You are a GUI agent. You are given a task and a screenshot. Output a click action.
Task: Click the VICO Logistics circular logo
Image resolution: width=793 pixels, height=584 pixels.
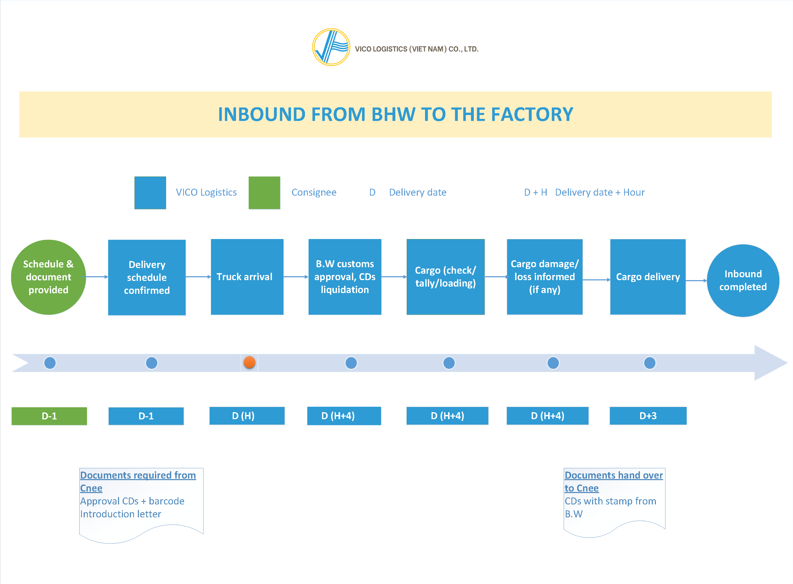pyautogui.click(x=331, y=47)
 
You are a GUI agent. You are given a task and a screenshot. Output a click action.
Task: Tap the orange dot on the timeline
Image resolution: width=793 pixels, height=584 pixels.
pyautogui.click(x=249, y=362)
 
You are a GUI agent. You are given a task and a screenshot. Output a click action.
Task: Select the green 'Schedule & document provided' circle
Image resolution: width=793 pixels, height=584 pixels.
pyautogui.click(x=48, y=277)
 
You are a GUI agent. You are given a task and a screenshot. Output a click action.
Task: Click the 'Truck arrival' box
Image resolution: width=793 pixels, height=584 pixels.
pyautogui.click(x=247, y=277)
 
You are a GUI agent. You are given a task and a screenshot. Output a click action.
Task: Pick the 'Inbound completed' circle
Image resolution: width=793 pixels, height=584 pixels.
pyautogui.click(x=743, y=280)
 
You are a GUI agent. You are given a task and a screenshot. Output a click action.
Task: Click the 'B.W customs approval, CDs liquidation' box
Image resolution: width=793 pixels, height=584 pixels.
pyautogui.click(x=345, y=277)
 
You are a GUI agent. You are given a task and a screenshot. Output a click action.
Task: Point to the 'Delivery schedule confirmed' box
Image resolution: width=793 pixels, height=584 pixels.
pyautogui.click(x=147, y=278)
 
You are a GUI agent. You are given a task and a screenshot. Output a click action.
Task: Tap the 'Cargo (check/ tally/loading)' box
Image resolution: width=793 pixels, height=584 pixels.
pyautogui.click(x=445, y=277)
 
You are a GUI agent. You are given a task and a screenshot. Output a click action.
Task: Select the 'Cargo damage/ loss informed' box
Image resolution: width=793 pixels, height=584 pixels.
pyautogui.click(x=544, y=277)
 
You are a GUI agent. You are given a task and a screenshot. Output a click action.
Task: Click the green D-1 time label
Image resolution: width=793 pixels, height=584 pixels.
pyautogui.click(x=49, y=416)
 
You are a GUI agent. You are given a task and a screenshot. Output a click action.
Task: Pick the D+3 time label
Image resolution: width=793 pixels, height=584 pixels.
pyautogui.click(x=648, y=416)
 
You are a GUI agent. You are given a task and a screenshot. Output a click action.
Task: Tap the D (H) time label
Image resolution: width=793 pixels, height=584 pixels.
pyautogui.click(x=247, y=416)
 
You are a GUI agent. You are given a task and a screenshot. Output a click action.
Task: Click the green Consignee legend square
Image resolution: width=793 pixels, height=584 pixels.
pyautogui.click(x=264, y=193)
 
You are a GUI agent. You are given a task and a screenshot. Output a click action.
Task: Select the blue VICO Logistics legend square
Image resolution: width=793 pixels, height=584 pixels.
pyautogui.click(x=150, y=193)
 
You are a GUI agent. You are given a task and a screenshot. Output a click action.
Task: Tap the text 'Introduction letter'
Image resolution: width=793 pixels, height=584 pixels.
pyautogui.click(x=120, y=514)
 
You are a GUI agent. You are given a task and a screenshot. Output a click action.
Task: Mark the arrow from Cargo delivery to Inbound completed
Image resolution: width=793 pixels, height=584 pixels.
pyautogui.click(x=696, y=281)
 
